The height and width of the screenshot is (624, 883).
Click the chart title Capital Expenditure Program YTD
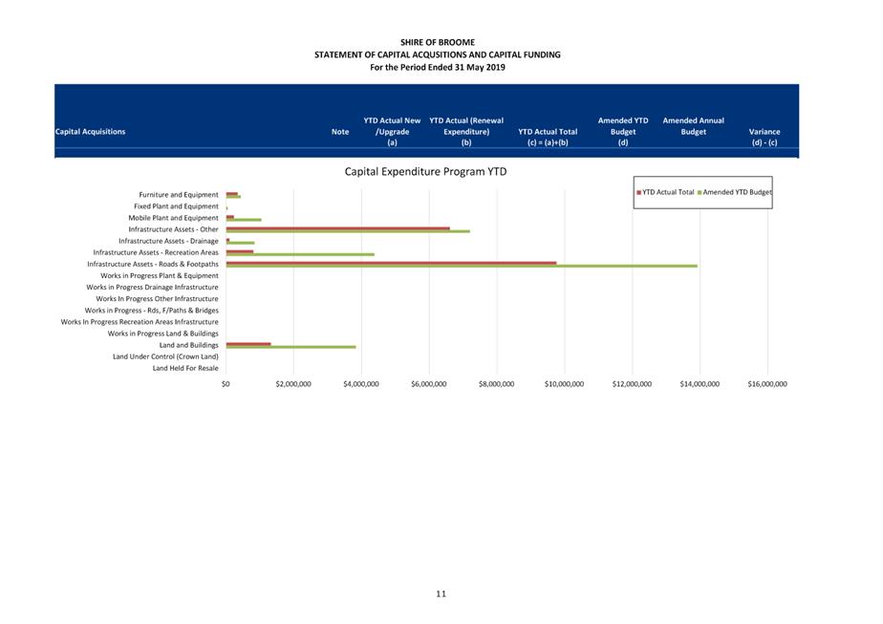[425, 172]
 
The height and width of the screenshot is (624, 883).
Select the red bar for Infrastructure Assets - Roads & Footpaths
[392, 263]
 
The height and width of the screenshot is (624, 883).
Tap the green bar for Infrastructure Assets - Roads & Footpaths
[462, 266]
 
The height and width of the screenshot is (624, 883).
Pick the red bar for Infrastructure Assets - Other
[338, 228]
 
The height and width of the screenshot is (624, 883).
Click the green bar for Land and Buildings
[291, 347]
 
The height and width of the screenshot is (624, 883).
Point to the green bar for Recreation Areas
[300, 254]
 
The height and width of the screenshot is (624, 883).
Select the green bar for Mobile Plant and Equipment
[244, 220]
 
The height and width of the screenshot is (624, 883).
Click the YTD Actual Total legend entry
[665, 192]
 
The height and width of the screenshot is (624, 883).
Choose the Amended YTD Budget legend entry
[734, 192]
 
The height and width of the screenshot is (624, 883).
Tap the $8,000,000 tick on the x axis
[496, 384]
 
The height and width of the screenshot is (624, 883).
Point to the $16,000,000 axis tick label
[767, 384]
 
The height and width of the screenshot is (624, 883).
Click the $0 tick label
[226, 384]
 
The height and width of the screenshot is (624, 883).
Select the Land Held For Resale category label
[185, 368]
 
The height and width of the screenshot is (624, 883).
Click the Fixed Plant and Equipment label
[176, 206]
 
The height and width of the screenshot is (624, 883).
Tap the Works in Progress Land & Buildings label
[162, 334]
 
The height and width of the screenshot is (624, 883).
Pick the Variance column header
[765, 137]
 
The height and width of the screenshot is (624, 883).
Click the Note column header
[340, 132]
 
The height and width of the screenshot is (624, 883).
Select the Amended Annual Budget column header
[693, 126]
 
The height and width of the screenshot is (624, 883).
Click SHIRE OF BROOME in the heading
[438, 42]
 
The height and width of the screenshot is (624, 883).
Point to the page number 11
[441, 593]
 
